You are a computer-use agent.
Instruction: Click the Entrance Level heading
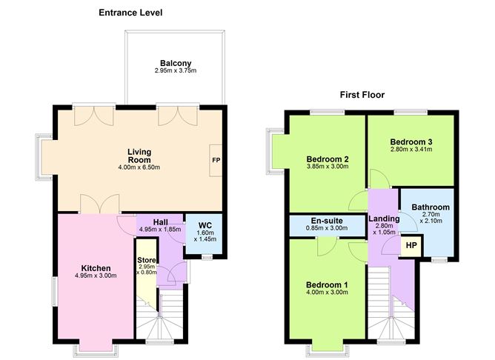pos(130,13)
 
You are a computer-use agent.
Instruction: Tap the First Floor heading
pos(362,95)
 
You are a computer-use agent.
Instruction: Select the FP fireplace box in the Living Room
pos(216,160)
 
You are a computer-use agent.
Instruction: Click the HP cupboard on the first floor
pos(411,245)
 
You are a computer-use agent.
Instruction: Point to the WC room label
pos(205,226)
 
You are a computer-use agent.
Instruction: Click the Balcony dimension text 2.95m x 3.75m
pos(176,70)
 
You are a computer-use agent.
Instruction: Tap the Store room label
pos(147,260)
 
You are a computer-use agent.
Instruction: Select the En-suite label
pos(327,221)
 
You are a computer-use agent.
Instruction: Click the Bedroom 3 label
pos(411,142)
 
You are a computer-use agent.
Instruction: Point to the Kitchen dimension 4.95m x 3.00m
pos(96,276)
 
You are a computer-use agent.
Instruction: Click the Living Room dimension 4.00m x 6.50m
pos(139,167)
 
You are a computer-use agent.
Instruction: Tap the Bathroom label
pos(431,207)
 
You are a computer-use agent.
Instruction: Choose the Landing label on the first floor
pos(384,219)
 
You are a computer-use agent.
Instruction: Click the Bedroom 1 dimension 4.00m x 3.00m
pos(327,293)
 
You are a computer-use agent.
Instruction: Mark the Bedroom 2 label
pos(328,159)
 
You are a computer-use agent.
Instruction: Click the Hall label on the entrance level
pos(160,222)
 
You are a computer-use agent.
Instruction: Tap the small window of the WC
pos(207,258)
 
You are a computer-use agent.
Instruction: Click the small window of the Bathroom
pos(439,260)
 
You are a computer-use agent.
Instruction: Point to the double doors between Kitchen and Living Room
pos(100,204)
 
